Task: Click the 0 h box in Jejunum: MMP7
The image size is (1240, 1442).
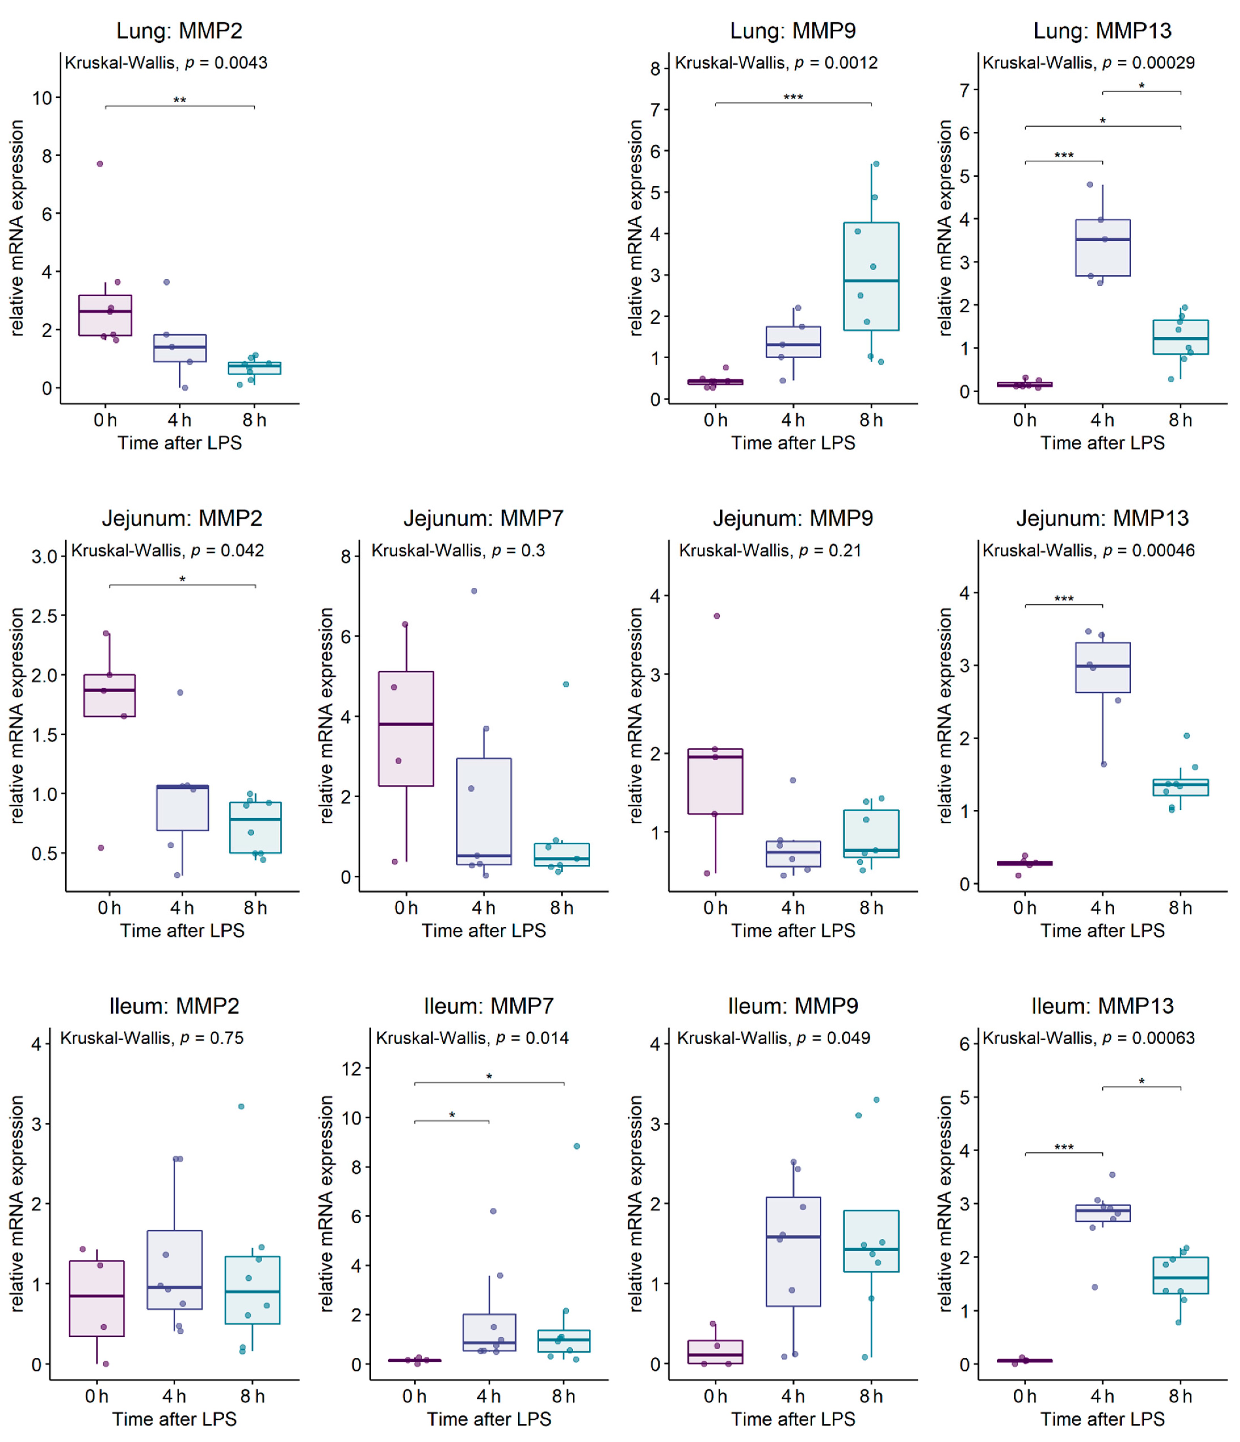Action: tap(406, 729)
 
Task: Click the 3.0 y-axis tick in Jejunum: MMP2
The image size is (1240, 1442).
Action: tap(43, 557)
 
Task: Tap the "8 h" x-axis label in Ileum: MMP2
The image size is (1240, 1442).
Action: tap(253, 1396)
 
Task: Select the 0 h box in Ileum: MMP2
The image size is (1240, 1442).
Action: tap(97, 1298)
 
